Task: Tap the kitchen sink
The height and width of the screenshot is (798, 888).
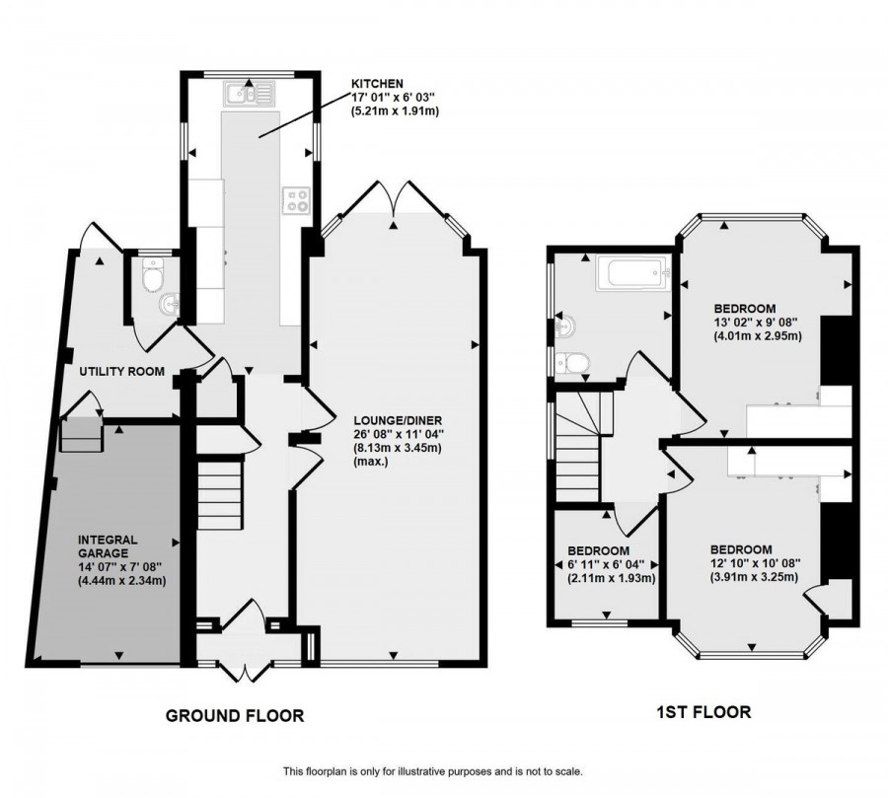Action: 249,95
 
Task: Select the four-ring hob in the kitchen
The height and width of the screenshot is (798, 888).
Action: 296,200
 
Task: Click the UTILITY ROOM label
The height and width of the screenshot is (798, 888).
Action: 121,372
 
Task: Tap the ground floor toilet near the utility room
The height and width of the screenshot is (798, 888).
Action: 152,277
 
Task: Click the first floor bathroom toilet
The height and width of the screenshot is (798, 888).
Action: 571,364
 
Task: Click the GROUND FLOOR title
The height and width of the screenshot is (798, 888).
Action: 234,715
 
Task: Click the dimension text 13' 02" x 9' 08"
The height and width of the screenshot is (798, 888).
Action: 746,322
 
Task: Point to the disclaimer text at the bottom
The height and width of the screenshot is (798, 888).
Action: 432,770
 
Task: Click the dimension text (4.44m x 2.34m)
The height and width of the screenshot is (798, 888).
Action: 122,580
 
